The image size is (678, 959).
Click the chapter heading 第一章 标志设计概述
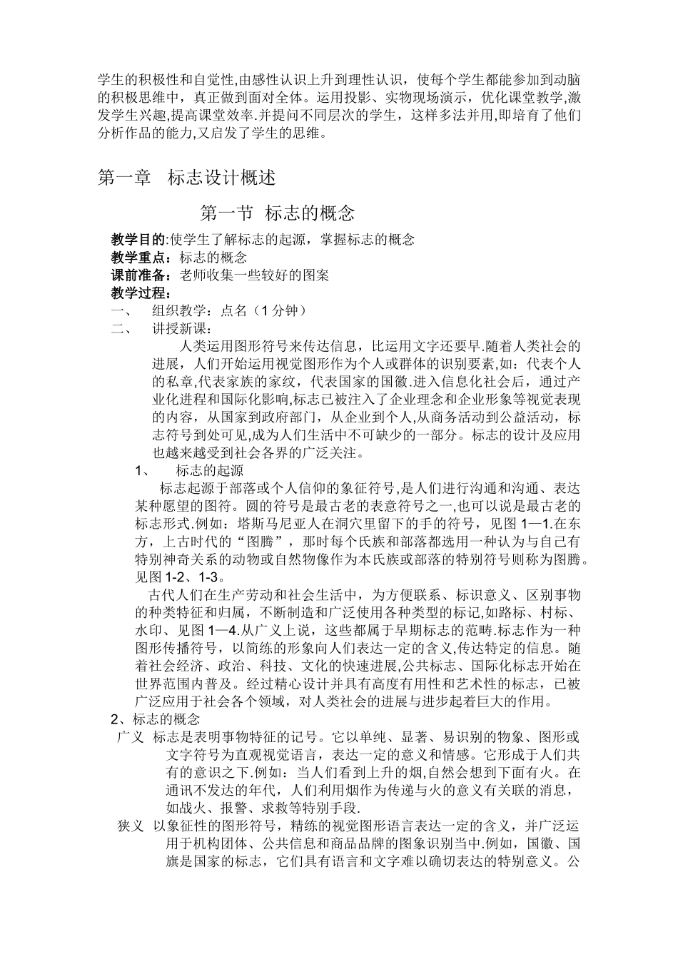pos(186,178)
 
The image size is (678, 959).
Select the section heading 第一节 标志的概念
pos(278,213)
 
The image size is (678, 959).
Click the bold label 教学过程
pos(138,293)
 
